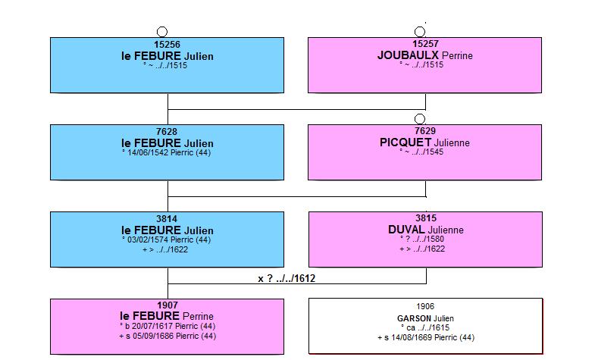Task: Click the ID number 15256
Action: [167, 45]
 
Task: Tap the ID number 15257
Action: [425, 44]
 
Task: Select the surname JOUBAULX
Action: [408, 55]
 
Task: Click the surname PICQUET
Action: [406, 142]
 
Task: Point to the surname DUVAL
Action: [406, 230]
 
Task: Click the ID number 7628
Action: [167, 132]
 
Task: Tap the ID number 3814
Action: [167, 219]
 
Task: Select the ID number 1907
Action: [168, 305]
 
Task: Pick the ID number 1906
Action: [425, 306]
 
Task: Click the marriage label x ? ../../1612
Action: [287, 278]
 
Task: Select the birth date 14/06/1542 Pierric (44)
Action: [169, 152]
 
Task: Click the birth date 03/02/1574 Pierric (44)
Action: [169, 239]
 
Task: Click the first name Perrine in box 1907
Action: [198, 316]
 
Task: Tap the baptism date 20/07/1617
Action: [152, 326]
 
